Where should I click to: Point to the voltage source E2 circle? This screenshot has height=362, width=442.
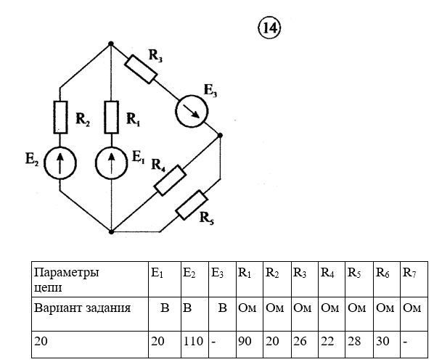click(x=60, y=163)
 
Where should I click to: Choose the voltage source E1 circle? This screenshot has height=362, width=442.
click(x=111, y=163)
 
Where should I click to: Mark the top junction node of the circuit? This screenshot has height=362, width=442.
click(x=110, y=44)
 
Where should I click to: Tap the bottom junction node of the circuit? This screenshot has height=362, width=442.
click(x=111, y=232)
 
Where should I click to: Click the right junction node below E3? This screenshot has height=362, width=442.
click(x=220, y=135)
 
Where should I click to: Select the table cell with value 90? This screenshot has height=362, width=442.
click(x=245, y=340)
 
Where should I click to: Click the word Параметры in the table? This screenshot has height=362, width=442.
click(x=65, y=273)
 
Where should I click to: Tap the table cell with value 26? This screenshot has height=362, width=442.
click(x=300, y=340)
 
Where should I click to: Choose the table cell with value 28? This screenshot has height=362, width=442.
click(x=356, y=340)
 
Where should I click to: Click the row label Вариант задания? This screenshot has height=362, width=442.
click(x=82, y=308)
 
